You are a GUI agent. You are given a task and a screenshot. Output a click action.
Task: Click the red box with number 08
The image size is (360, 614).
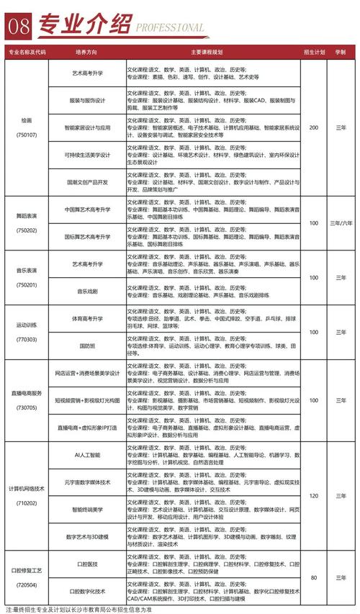tap(18, 26)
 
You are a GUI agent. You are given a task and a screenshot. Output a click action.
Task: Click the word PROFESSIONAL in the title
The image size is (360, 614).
tap(170, 28)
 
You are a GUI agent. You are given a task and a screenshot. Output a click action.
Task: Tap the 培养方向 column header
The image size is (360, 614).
tap(86, 53)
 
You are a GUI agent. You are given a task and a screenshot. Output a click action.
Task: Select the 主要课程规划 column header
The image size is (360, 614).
tap(212, 53)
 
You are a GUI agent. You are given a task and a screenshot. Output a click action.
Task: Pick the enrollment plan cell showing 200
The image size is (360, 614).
tap(313, 127)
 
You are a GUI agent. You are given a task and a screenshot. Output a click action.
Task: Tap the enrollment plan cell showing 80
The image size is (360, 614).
tap(313, 577)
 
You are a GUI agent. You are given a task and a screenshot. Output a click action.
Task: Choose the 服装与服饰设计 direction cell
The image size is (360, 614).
tap(86, 101)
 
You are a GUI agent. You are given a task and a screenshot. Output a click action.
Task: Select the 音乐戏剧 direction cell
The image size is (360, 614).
tap(86, 291)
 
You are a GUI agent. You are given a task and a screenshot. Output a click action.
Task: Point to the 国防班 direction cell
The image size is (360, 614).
tap(86, 346)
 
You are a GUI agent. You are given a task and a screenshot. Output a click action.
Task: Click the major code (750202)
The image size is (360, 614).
tap(27, 230)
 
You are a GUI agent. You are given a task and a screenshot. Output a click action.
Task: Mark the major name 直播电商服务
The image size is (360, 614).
tap(27, 392)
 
